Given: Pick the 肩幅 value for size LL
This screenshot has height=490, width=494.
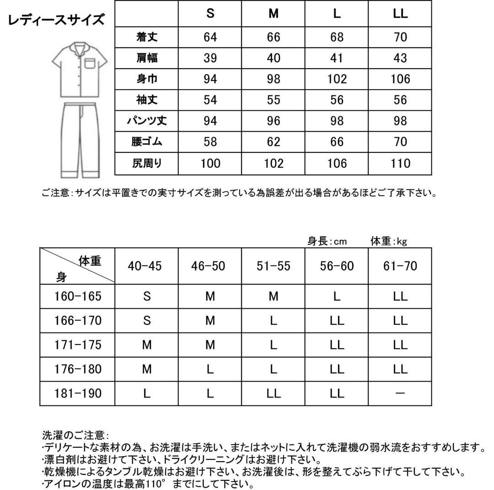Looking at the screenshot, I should point(400,58).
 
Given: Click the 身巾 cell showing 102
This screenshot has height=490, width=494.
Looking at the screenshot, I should point(337,79).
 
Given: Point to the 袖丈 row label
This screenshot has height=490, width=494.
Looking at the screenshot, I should point(147,100).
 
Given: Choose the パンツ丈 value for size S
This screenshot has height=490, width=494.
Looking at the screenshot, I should point(210,121).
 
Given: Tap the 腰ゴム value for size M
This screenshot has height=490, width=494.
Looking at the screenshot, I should point(274,142).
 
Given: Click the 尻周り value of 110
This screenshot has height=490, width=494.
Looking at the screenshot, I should point(400,163).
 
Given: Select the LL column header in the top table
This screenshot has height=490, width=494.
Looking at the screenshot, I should point(400,14).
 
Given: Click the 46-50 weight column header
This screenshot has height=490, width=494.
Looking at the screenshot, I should point(210,266).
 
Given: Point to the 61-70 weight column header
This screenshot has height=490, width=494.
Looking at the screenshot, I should point(400,266).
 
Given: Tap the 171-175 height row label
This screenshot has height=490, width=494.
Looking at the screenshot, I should point(77,345).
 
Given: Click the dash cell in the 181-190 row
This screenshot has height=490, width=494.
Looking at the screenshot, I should point(400,393).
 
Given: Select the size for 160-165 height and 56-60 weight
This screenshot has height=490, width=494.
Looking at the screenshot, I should point(337,296).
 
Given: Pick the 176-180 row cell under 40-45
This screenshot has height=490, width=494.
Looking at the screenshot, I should point(147,369).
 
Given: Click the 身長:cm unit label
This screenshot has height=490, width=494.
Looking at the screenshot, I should point(327,241).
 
